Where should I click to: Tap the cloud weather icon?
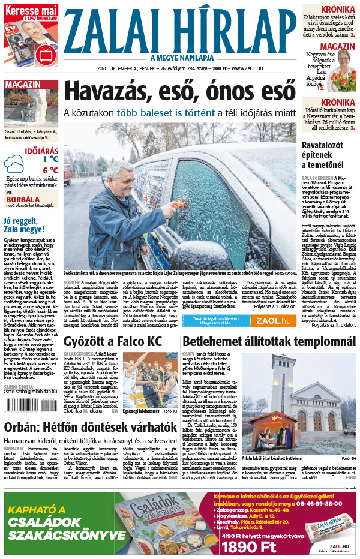[14, 164]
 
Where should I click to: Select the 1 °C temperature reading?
[50, 159]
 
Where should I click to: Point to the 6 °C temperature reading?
[50, 170]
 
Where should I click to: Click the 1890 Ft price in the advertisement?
[249, 546]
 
